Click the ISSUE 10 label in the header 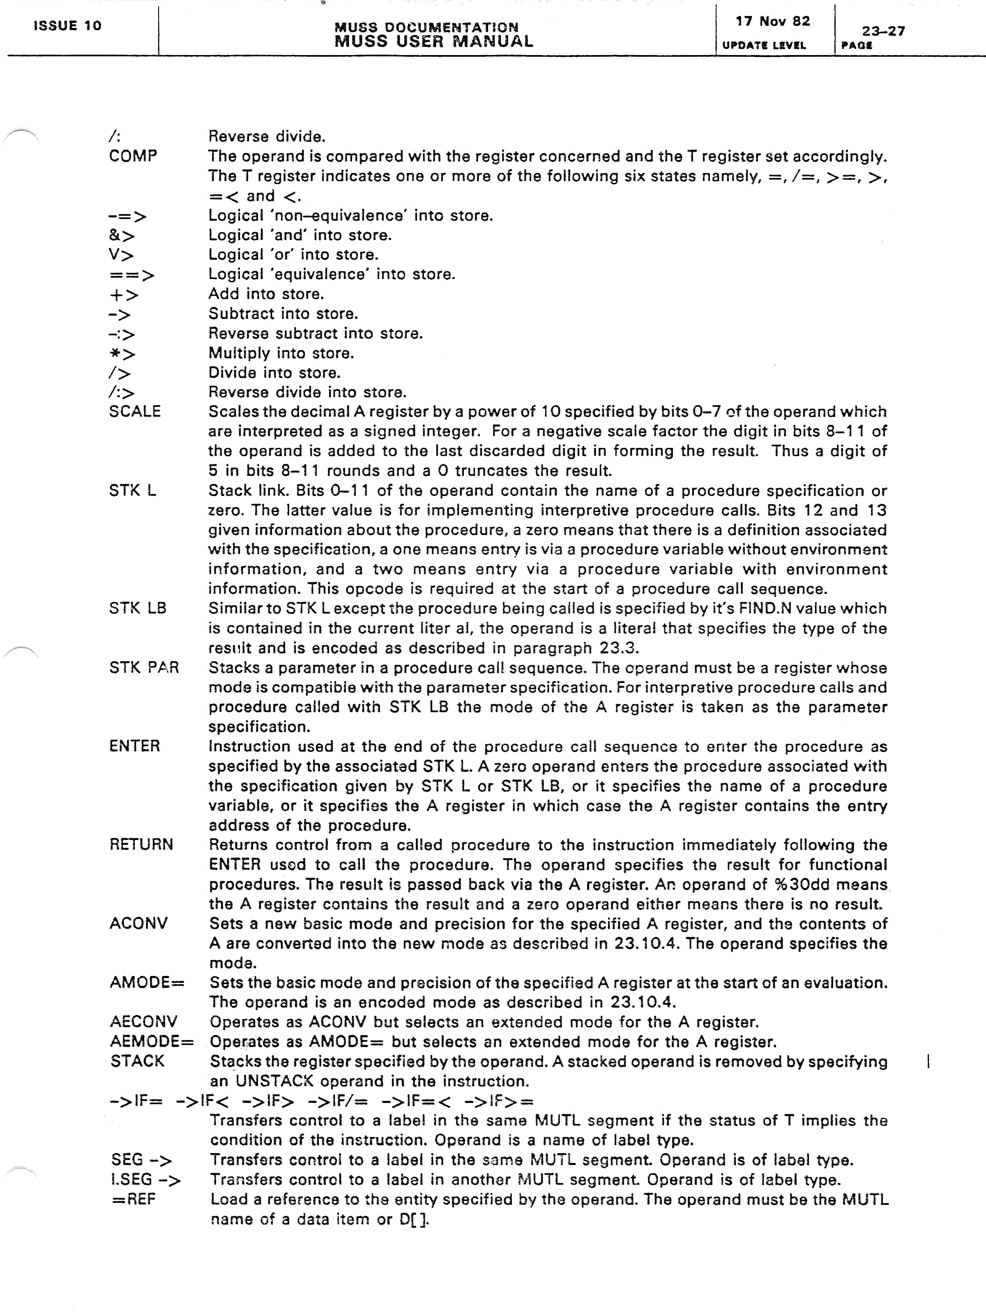click(x=67, y=25)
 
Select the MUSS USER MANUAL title click(x=433, y=42)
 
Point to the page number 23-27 click(x=883, y=31)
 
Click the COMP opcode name click(x=133, y=156)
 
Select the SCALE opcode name click(x=135, y=411)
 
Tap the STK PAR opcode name click(x=144, y=668)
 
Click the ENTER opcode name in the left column click(x=135, y=746)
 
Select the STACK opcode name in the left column click(x=137, y=1061)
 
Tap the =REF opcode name click(x=134, y=1199)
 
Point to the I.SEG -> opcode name click(x=145, y=1179)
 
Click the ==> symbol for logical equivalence click(x=132, y=275)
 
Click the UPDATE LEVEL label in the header click(x=764, y=45)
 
